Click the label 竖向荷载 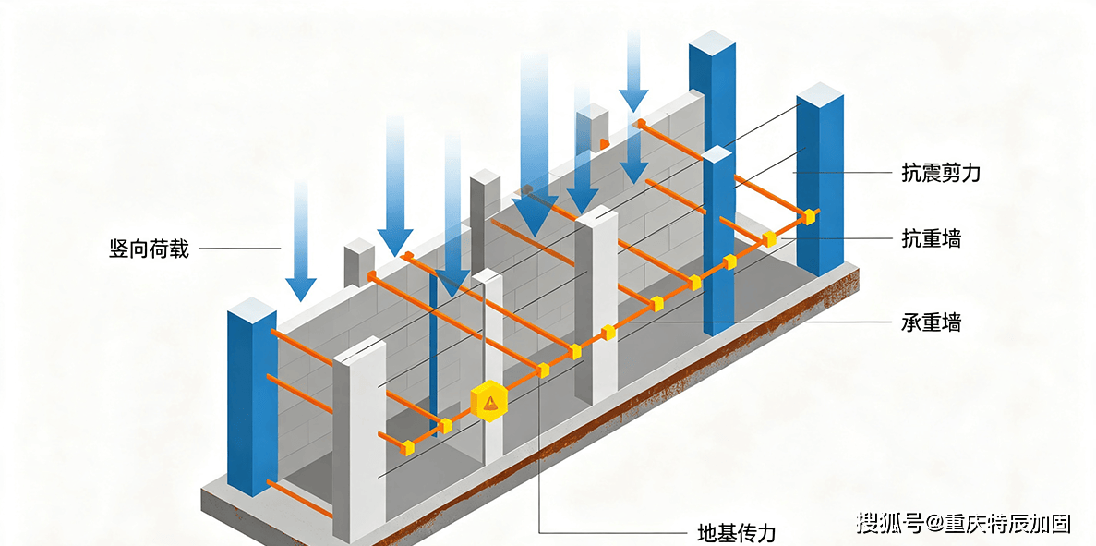149,248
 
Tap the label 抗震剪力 941,173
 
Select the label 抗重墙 931,238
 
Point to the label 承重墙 931,323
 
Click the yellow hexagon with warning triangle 489,401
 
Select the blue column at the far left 252,397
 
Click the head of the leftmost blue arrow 301,287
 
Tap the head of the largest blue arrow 536,214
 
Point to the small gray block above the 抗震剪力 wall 593,127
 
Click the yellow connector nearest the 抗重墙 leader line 769,238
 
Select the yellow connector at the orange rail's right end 810,216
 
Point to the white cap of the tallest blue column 712,42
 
